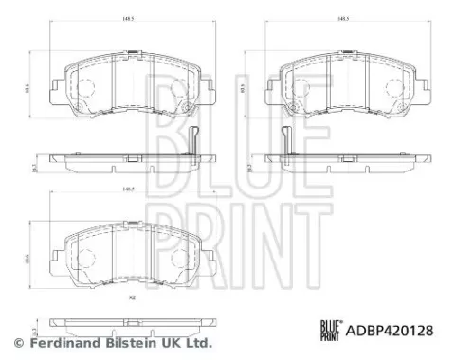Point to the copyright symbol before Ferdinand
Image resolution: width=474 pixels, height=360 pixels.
point(16,342)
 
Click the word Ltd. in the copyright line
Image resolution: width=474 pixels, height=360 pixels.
point(198,342)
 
